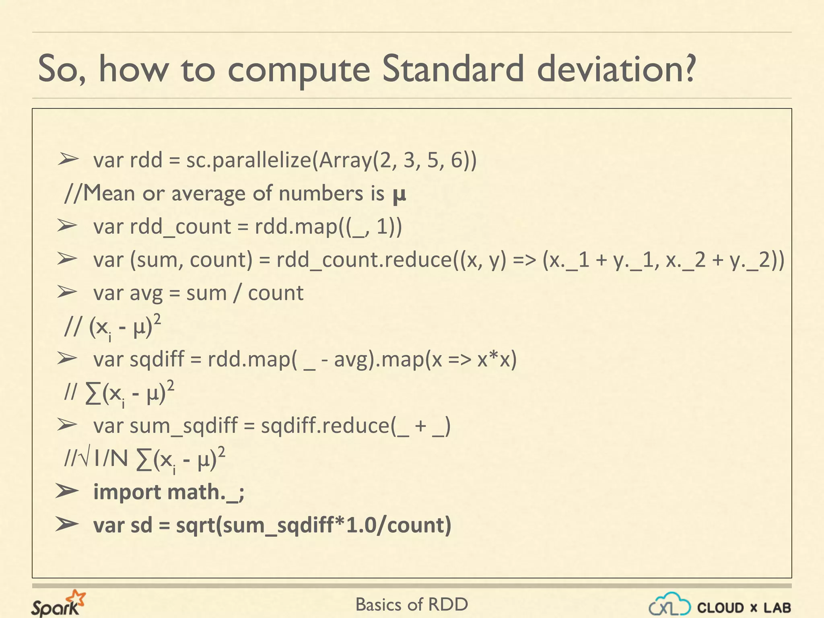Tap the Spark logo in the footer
point(58,604)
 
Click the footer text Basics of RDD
point(412,605)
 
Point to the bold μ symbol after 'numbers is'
point(399,195)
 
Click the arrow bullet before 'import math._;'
point(67,491)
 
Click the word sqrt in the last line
point(196,525)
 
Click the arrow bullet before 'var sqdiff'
point(67,358)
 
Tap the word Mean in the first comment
point(109,194)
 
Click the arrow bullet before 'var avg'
point(67,292)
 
